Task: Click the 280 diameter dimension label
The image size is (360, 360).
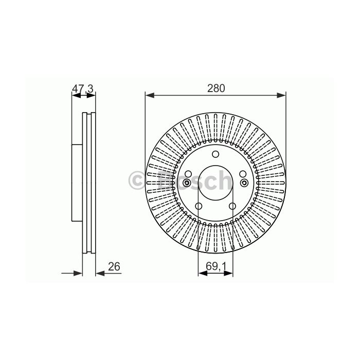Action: (216, 88)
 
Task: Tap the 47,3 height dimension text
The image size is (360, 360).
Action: (83, 88)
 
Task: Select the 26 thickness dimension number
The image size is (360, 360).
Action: (114, 266)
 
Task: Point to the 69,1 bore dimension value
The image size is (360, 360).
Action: (216, 266)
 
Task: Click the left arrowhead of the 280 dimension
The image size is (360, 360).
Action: (150, 95)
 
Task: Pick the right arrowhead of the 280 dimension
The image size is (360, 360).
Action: (281, 95)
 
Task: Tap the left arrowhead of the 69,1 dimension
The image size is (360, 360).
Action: (203, 273)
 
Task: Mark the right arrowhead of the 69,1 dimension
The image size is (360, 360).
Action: (228, 273)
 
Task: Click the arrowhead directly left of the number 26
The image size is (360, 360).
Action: (100, 273)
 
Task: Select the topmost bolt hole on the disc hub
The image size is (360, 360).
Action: (215, 154)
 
